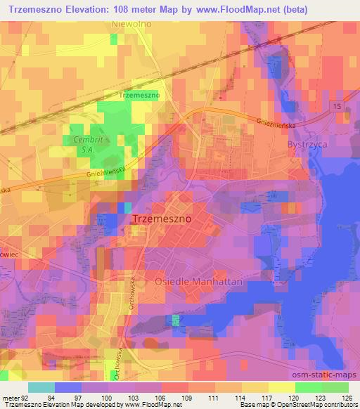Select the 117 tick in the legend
(x=267, y=397)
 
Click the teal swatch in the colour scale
(x=42, y=387)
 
